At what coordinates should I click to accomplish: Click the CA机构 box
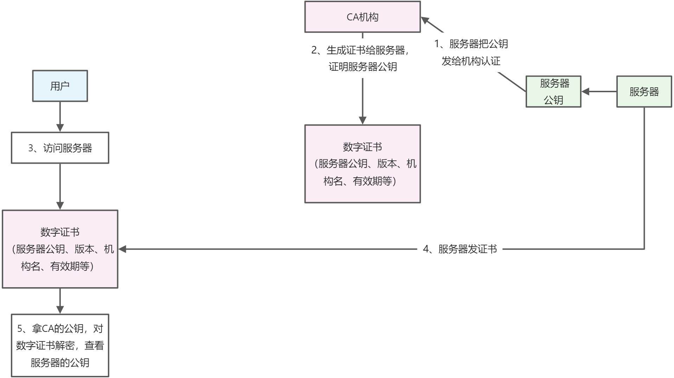point(362,17)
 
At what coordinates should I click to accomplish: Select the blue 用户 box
point(60,86)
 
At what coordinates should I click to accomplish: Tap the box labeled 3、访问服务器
point(60,148)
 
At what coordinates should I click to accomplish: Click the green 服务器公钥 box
point(553,92)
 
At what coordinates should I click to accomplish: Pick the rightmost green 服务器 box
point(644,92)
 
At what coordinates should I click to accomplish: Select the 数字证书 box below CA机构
point(362,164)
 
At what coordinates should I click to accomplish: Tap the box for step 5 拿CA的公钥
point(60,345)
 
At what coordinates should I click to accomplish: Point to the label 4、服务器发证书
point(460,249)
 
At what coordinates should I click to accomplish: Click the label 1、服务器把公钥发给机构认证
point(471,52)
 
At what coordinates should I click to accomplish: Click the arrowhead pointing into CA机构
point(425,20)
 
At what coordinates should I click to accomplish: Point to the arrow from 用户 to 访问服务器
point(60,116)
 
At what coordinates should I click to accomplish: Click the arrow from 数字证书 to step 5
point(60,300)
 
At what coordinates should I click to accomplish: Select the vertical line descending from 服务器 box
point(644,176)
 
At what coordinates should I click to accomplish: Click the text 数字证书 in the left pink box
point(60,232)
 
